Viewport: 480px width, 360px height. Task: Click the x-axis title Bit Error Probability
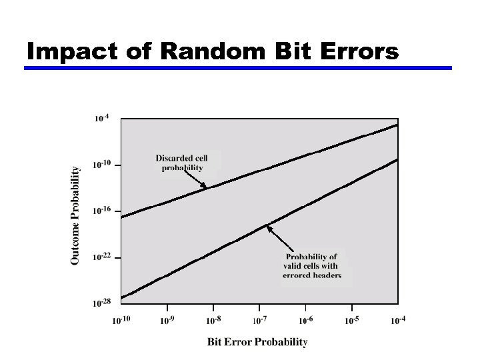click(x=257, y=342)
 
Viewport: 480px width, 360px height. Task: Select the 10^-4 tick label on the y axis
click(x=101, y=119)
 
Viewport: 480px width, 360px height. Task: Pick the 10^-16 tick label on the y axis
click(x=101, y=211)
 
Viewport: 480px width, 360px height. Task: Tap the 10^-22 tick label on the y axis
click(x=101, y=257)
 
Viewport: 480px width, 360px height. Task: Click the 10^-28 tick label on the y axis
click(x=101, y=303)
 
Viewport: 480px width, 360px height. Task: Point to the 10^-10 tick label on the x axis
click(x=121, y=320)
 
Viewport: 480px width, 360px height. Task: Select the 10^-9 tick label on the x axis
click(x=168, y=320)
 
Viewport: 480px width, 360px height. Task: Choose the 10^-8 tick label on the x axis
click(x=214, y=320)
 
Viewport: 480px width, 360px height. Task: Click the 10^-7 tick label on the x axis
click(x=260, y=320)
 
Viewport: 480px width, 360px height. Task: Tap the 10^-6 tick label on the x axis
click(x=306, y=320)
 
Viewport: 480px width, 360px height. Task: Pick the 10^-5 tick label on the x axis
click(x=352, y=320)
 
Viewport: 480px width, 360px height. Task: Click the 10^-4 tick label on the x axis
click(x=398, y=320)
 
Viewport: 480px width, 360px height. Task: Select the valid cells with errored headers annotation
click(x=312, y=266)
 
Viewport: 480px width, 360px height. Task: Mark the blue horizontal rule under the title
click(x=238, y=67)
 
